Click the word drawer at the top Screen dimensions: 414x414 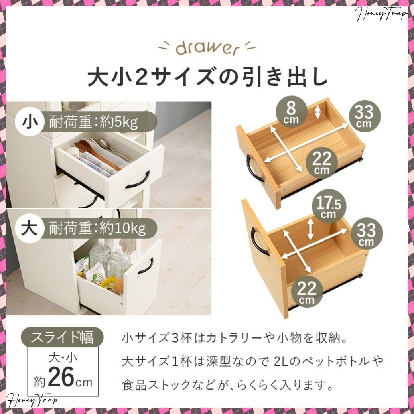click(207, 48)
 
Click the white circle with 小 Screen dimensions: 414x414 click(29, 122)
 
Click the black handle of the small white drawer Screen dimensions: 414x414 click(138, 181)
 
